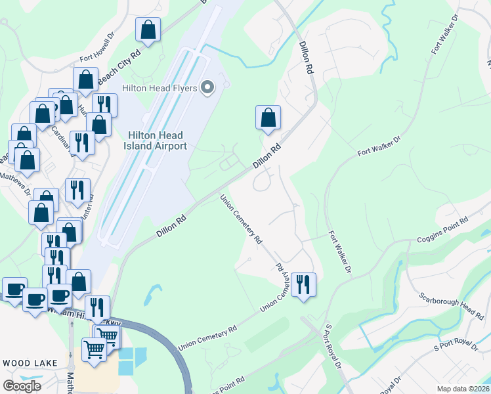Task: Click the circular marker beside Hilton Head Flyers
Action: pos(208,87)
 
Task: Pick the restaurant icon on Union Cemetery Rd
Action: pos(303,284)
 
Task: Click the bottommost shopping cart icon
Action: pos(94,349)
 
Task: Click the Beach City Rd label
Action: pos(119,68)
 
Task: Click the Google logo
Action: pos(22,385)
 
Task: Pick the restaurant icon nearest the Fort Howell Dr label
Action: pos(104,104)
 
